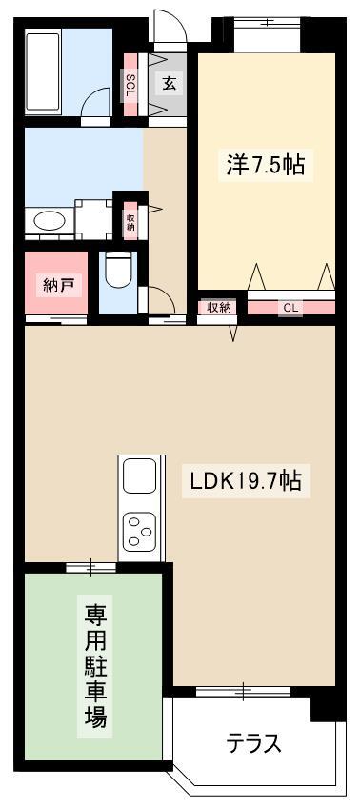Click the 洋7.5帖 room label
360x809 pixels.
click(x=265, y=166)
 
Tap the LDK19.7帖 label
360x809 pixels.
click(x=246, y=482)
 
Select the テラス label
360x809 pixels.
click(x=253, y=743)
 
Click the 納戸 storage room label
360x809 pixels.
click(x=58, y=286)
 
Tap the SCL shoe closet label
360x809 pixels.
click(x=130, y=84)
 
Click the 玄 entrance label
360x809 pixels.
click(x=170, y=83)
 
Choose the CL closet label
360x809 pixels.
click(x=290, y=308)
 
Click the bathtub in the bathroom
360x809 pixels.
click(x=43, y=71)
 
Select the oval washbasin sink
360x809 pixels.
click(x=50, y=222)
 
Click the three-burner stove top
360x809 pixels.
click(x=140, y=530)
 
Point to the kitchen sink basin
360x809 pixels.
click(x=139, y=475)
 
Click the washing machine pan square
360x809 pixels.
click(x=93, y=219)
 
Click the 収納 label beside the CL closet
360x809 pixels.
click(x=218, y=308)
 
